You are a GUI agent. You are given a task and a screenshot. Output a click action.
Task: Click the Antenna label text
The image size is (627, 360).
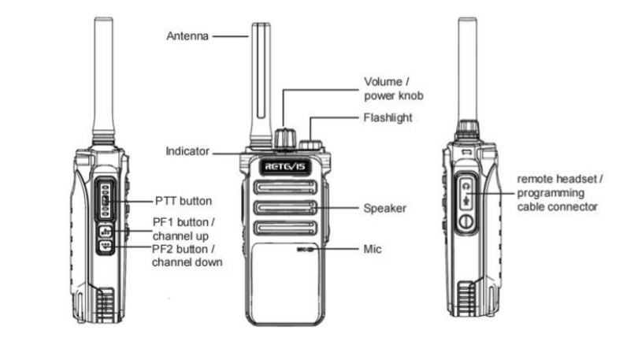click(187, 36)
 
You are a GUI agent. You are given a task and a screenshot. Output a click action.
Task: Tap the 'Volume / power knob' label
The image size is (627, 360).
click(393, 88)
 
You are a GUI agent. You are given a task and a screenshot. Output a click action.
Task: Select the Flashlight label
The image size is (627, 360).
click(388, 116)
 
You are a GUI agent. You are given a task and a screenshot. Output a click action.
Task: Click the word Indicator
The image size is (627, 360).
click(187, 150)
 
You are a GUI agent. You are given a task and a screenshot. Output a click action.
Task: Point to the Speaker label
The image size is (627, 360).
click(384, 209)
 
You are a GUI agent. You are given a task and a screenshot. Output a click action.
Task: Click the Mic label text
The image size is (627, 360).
click(373, 248)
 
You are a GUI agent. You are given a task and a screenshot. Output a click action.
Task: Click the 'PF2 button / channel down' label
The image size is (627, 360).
click(186, 256)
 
